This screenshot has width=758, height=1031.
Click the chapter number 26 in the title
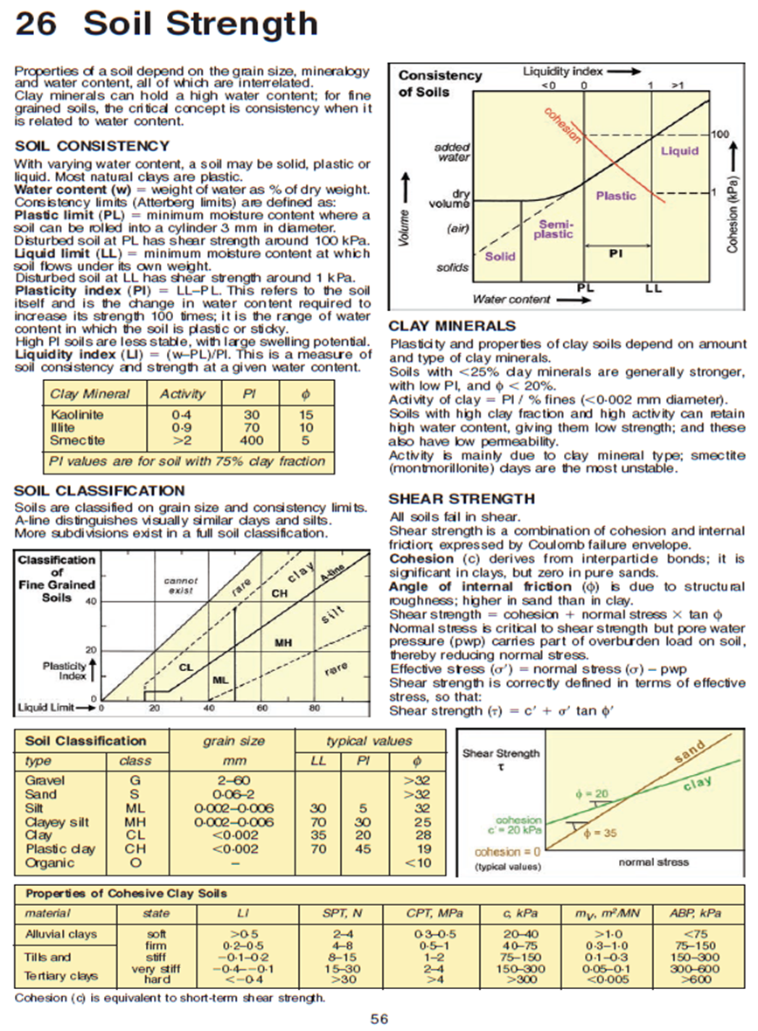tap(37, 24)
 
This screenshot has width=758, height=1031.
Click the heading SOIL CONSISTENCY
tap(92, 146)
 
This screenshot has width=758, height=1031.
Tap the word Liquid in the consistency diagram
tap(678, 150)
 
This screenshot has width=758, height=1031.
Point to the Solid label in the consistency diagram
tap(500, 257)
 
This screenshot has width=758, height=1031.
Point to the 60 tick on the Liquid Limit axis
tap(263, 708)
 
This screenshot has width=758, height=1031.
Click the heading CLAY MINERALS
tap(451, 326)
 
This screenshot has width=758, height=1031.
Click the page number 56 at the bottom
tap(379, 1018)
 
